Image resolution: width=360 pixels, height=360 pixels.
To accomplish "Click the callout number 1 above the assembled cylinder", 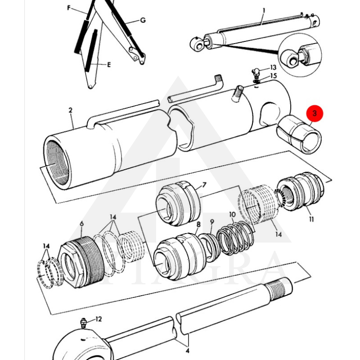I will click(x=264, y=10).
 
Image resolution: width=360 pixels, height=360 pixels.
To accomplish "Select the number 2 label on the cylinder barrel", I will click(x=71, y=110).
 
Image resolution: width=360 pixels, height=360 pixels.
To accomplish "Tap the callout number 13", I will click(x=273, y=67).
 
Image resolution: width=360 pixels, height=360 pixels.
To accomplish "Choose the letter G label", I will click(x=143, y=20).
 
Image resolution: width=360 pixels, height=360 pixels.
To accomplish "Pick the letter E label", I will click(x=108, y=65).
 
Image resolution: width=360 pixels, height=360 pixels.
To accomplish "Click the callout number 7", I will click(x=204, y=185).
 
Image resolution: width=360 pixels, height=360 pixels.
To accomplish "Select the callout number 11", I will click(x=311, y=220).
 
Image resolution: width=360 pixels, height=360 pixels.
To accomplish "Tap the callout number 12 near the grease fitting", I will click(x=99, y=319).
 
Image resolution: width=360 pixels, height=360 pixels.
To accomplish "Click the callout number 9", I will click(x=212, y=222).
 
